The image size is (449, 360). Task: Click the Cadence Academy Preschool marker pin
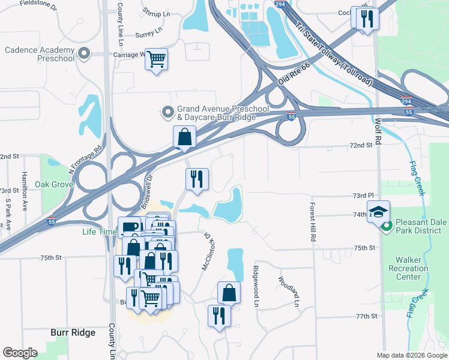(83, 53)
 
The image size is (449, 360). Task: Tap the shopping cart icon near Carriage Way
(156, 59)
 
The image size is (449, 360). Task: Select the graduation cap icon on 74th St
(378, 211)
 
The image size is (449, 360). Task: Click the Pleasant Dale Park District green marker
(387, 226)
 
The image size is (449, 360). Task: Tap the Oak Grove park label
(53, 184)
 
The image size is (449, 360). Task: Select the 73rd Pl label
(363, 196)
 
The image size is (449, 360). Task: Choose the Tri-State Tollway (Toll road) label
(334, 53)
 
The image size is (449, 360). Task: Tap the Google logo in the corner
(20, 352)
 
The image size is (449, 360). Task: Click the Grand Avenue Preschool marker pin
(169, 112)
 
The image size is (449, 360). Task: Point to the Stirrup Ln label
(154, 12)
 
